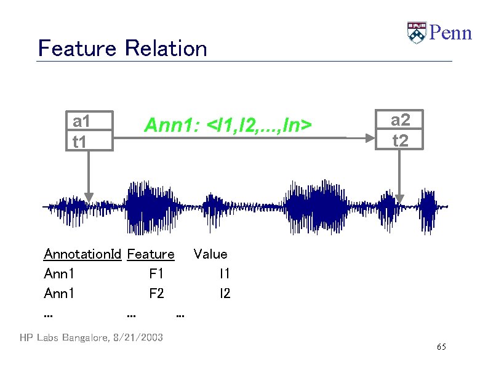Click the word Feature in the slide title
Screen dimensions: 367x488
click(x=77, y=48)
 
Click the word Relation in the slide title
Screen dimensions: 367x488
click(x=166, y=48)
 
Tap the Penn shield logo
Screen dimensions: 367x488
click(x=417, y=33)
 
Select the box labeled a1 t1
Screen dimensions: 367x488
click(x=90, y=131)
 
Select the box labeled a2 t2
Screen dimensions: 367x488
click(x=400, y=130)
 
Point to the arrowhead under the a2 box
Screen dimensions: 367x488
click(x=400, y=198)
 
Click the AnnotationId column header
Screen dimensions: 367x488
click(x=82, y=254)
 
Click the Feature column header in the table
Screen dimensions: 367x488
click(x=150, y=254)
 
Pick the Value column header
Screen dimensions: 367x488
click(x=210, y=254)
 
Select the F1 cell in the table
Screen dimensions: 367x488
click(x=156, y=273)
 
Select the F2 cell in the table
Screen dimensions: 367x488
click(x=156, y=293)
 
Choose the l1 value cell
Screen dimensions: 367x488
click(x=225, y=273)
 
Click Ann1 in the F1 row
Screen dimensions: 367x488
click(x=59, y=273)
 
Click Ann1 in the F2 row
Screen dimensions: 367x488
click(x=59, y=293)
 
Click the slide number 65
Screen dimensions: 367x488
click(x=441, y=348)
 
